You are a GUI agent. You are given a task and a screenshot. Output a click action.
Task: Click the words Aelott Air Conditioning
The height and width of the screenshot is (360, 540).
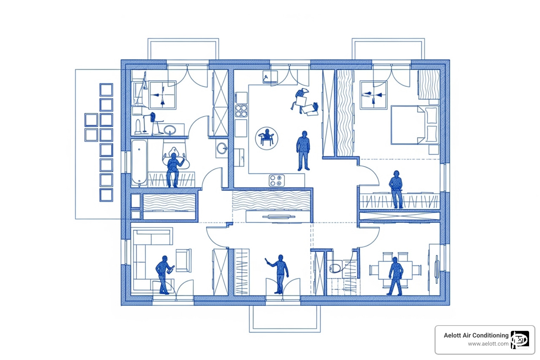pyautogui.click(x=476, y=335)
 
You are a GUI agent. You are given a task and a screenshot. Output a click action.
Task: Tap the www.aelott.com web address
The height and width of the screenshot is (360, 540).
pyautogui.click(x=488, y=344)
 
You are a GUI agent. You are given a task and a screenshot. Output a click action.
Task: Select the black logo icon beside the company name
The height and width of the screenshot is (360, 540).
pyautogui.click(x=520, y=340)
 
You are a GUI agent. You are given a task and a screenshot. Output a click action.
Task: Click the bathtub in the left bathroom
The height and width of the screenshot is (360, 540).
pyautogui.click(x=139, y=163)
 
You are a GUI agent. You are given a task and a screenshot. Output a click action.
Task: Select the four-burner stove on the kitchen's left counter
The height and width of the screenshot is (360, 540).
pyautogui.click(x=241, y=110)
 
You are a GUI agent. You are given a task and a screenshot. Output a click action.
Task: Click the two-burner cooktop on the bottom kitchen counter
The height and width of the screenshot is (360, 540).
pyautogui.click(x=277, y=181)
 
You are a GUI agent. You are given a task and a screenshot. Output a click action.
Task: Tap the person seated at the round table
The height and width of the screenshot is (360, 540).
pyautogui.click(x=267, y=137)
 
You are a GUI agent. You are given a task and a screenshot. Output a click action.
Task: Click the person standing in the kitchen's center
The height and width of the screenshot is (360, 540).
pyautogui.click(x=303, y=150)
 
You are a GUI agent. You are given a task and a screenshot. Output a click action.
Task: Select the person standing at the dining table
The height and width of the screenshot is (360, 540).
pyautogui.click(x=396, y=276)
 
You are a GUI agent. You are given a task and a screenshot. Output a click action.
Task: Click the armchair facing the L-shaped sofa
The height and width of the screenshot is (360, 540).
pyautogui.click(x=183, y=260)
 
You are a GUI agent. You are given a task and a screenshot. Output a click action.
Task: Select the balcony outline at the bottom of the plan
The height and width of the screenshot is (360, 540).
pyautogui.click(x=285, y=319)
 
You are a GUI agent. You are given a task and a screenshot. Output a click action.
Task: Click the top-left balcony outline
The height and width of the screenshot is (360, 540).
pyautogui.click(x=183, y=49)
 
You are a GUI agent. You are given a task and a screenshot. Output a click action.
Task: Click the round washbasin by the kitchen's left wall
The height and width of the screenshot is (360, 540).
pyautogui.click(x=222, y=148)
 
